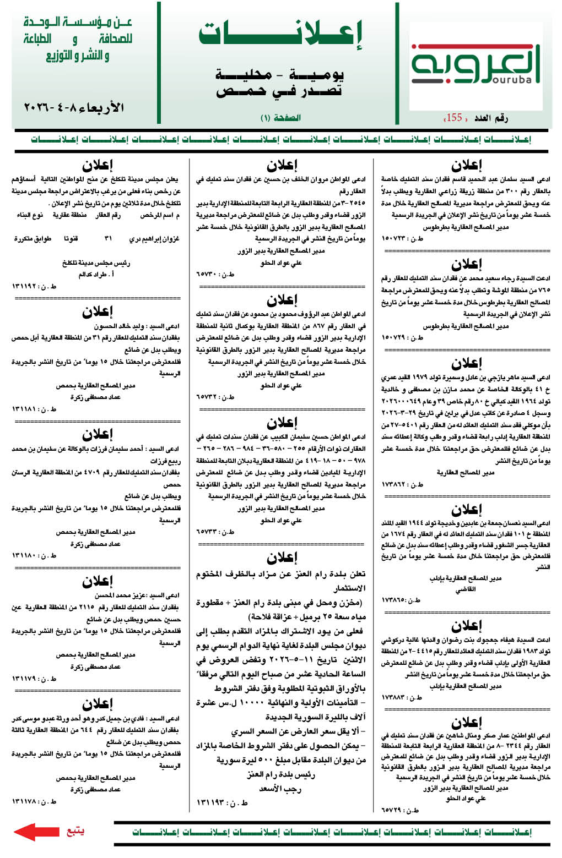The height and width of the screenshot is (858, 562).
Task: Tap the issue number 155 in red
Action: [455, 117]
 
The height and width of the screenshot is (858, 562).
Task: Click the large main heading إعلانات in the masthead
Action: [280, 34]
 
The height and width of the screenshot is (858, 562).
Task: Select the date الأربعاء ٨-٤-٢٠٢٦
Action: [74, 107]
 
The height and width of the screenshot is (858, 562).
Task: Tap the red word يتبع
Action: [75, 830]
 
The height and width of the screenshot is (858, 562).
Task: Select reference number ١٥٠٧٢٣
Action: [402, 239]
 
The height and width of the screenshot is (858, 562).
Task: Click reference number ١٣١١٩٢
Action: [34, 286]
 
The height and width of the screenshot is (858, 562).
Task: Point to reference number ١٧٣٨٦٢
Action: [402, 484]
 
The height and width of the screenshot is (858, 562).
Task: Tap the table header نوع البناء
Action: [30, 215]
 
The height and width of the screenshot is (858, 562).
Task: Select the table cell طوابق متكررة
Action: [33, 239]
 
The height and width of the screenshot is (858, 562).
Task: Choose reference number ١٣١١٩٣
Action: [219, 803]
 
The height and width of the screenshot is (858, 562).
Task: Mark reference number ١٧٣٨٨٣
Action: [402, 697]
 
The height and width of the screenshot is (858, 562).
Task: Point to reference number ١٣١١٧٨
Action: [34, 802]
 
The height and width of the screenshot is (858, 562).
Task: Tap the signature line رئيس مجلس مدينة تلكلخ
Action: [96, 263]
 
